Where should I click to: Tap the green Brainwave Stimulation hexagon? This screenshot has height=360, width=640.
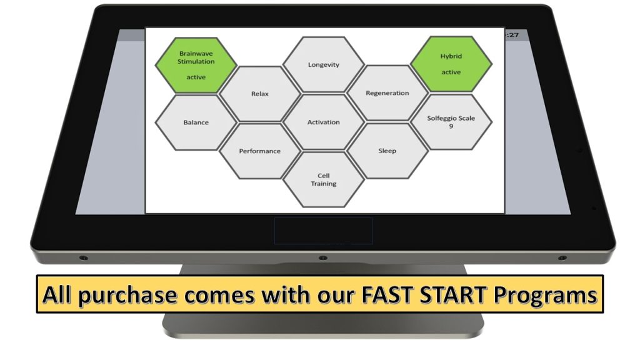click(x=196, y=65)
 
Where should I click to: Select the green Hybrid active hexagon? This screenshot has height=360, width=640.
click(x=451, y=64)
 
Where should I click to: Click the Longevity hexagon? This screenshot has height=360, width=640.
click(x=324, y=64)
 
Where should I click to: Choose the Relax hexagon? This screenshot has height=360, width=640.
click(x=260, y=94)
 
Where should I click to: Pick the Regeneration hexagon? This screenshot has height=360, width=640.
click(x=387, y=93)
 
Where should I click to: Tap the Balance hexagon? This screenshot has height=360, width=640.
click(x=196, y=122)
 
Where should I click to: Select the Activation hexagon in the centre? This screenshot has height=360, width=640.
click(x=324, y=122)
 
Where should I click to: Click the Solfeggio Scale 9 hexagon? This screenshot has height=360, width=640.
click(x=451, y=122)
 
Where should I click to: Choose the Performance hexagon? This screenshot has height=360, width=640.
click(x=260, y=151)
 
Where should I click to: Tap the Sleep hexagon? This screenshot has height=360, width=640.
click(x=387, y=151)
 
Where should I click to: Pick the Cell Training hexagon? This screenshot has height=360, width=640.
click(x=324, y=179)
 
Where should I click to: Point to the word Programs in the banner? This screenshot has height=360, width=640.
click(x=545, y=296)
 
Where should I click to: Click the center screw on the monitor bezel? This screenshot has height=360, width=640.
click(x=323, y=258)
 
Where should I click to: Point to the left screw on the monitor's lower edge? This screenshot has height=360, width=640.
click(x=83, y=258)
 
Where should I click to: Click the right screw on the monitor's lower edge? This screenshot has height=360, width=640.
click(x=562, y=258)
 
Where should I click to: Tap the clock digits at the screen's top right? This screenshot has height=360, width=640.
click(x=512, y=35)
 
